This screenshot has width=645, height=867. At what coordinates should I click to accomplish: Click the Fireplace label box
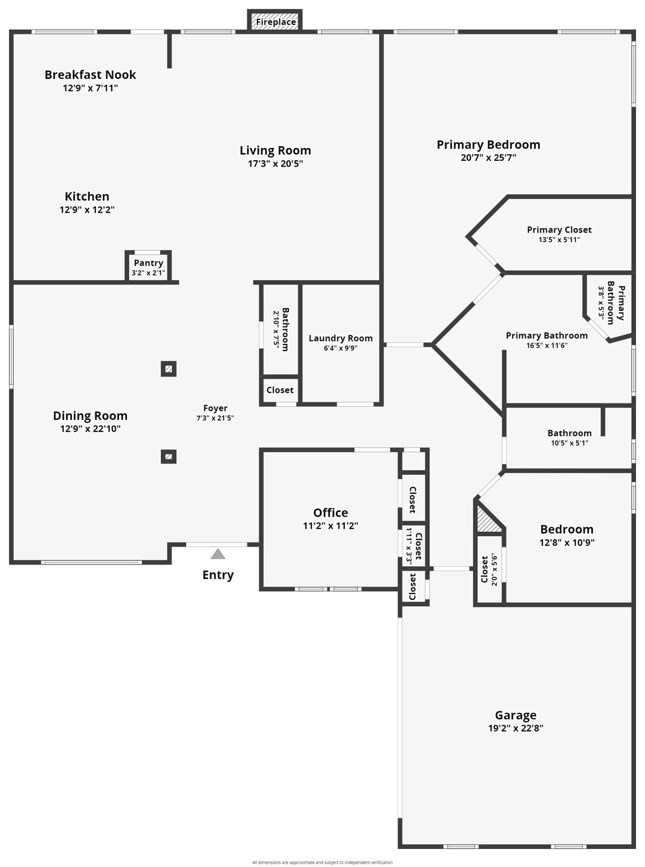coord(275,21)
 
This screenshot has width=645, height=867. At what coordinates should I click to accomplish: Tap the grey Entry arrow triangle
coord(218,554)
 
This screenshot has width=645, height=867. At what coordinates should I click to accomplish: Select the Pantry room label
coord(148,263)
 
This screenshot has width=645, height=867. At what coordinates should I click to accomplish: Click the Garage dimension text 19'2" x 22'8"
coord(515,728)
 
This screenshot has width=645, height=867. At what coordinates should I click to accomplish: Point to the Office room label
coord(330,513)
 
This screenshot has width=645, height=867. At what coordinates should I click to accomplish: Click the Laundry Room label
coord(340,338)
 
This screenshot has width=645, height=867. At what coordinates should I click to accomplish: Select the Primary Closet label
coord(559,230)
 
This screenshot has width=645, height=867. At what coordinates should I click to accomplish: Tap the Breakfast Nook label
coord(90,75)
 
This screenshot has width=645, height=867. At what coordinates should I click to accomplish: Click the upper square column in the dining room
coord(169,369)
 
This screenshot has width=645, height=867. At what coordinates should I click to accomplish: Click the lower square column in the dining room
coord(169,457)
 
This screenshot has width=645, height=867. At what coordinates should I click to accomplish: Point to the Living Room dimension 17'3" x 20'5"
coord(275,164)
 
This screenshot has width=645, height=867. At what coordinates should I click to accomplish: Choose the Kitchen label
coord(87,196)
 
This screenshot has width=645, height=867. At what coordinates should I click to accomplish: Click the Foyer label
coord(215,408)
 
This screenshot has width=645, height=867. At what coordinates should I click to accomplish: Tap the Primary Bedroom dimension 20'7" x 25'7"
coord(488,157)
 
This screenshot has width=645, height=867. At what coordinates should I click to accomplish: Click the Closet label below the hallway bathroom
coord(280,390)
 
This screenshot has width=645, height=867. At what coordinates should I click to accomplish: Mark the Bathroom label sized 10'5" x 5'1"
coord(569,433)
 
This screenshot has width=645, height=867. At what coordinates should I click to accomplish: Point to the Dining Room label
coord(90,415)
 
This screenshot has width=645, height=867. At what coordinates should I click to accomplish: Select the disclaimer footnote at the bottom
coord(322,862)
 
